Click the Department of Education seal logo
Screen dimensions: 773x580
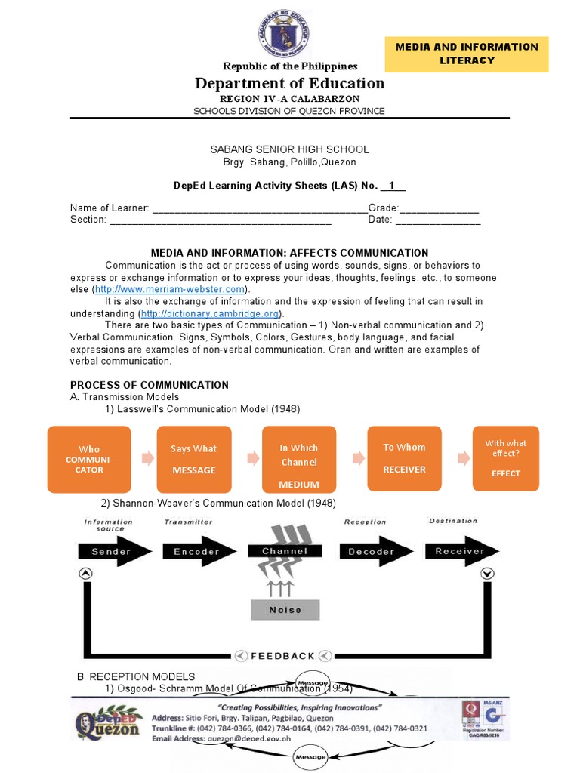(x=290, y=34)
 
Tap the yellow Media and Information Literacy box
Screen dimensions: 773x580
(x=467, y=54)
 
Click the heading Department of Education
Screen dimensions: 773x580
(x=290, y=83)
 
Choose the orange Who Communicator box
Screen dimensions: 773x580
(x=89, y=459)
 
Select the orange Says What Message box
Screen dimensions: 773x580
(x=194, y=459)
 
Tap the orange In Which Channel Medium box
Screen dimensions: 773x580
(x=299, y=459)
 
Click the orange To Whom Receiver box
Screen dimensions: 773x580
(x=404, y=458)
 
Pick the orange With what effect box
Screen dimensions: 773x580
(x=506, y=458)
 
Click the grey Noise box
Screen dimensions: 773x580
(x=285, y=609)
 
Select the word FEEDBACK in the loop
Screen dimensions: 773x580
(x=282, y=656)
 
